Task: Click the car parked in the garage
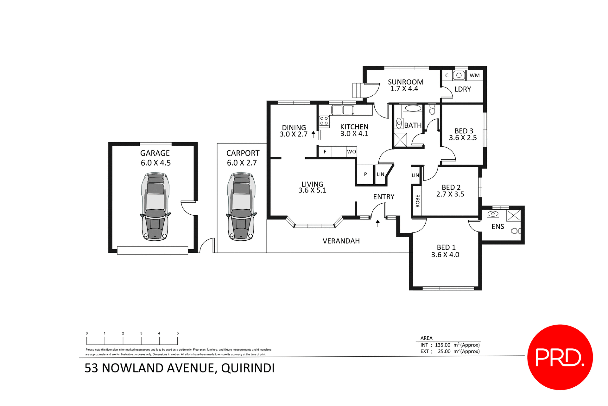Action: coord(155,206)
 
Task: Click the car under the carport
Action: coord(241,206)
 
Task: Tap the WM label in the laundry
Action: coord(474,75)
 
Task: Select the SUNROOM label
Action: coord(405,82)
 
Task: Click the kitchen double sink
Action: coord(342,110)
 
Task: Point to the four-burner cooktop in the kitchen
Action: coord(324,121)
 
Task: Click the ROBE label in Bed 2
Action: coord(417,201)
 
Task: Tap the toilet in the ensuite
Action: coord(515,231)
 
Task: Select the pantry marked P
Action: coord(365,174)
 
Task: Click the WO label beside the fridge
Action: coord(351,152)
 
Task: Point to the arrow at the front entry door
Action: coord(377,223)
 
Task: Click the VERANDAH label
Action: coord(341,241)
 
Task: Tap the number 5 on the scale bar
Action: coord(178,333)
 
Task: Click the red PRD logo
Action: coord(560,357)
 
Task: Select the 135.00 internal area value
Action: coord(442,345)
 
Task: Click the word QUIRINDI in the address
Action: coord(248,368)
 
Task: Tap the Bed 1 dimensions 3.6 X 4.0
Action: coord(445,255)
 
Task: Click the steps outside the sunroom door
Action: coord(357,90)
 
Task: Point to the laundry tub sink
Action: coord(459,75)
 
